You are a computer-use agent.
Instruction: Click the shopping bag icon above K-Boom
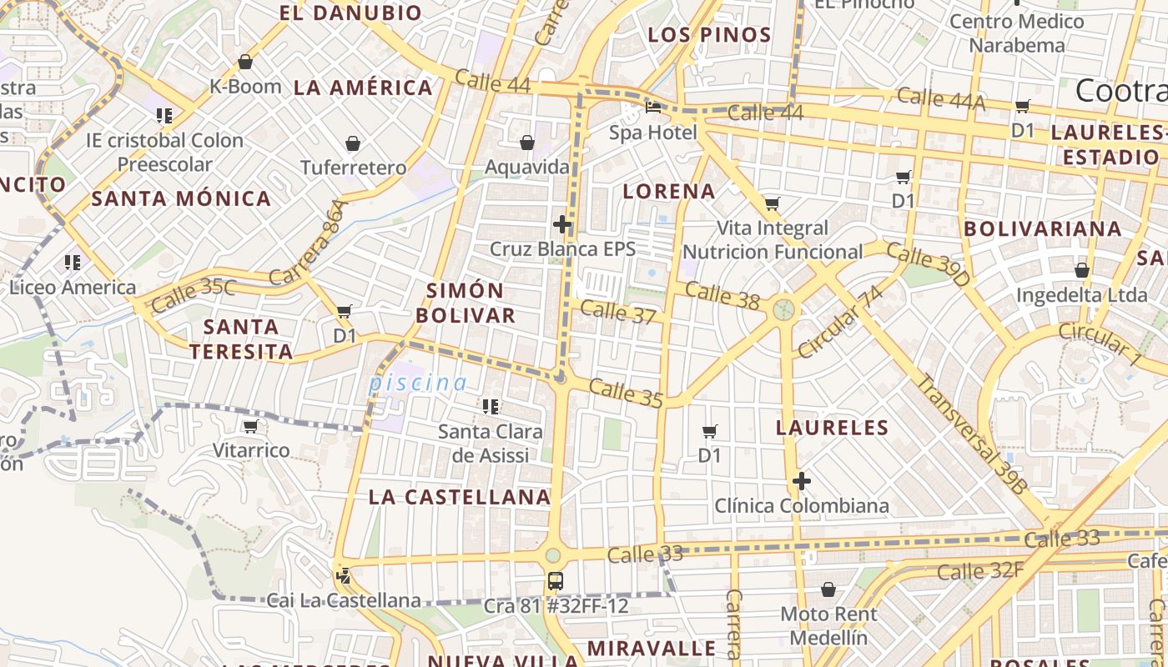pos(245,62)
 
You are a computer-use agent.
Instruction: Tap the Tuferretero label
pos(354,168)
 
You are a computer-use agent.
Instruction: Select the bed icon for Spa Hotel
pos(653,108)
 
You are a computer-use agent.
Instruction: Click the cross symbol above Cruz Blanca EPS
pos(562,224)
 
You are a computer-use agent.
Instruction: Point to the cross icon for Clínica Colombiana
pos(802,481)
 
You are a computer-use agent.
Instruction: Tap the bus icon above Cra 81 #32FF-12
pos(555,581)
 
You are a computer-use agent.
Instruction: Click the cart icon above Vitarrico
pos(250,427)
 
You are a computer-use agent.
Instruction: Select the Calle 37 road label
pos(617,313)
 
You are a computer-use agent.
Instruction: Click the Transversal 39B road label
pos(972,434)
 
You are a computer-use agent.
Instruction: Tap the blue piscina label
pos(418,383)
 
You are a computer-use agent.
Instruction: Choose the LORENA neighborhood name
pos(669,191)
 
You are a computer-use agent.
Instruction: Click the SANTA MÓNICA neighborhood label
pos(181,198)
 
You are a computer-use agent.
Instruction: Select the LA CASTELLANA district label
pos(460,497)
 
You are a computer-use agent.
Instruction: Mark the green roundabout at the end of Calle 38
pos(783,310)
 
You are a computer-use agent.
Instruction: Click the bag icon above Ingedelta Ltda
pos(1082,271)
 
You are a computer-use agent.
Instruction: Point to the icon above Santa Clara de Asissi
pos(491,407)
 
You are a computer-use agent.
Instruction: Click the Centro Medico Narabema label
pos(1017,33)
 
